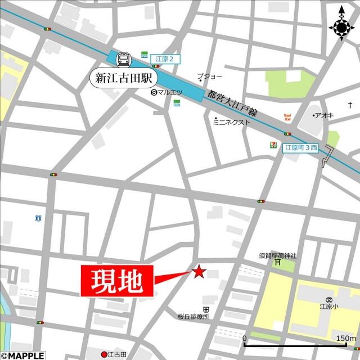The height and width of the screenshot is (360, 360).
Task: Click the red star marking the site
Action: click(x=199, y=272)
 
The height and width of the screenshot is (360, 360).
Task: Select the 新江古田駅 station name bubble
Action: click(x=124, y=78)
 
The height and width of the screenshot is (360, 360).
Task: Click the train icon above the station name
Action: click(x=123, y=58)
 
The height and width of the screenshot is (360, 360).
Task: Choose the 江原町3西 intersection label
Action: click(x=301, y=147)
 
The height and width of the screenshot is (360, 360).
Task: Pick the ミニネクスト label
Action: click(x=231, y=121)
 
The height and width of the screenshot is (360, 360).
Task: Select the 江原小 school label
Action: click(x=328, y=307)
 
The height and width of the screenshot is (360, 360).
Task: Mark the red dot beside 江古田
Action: click(x=103, y=354)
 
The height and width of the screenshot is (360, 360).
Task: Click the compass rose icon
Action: click(x=341, y=26)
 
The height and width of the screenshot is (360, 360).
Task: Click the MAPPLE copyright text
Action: click(x=22, y=355)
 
